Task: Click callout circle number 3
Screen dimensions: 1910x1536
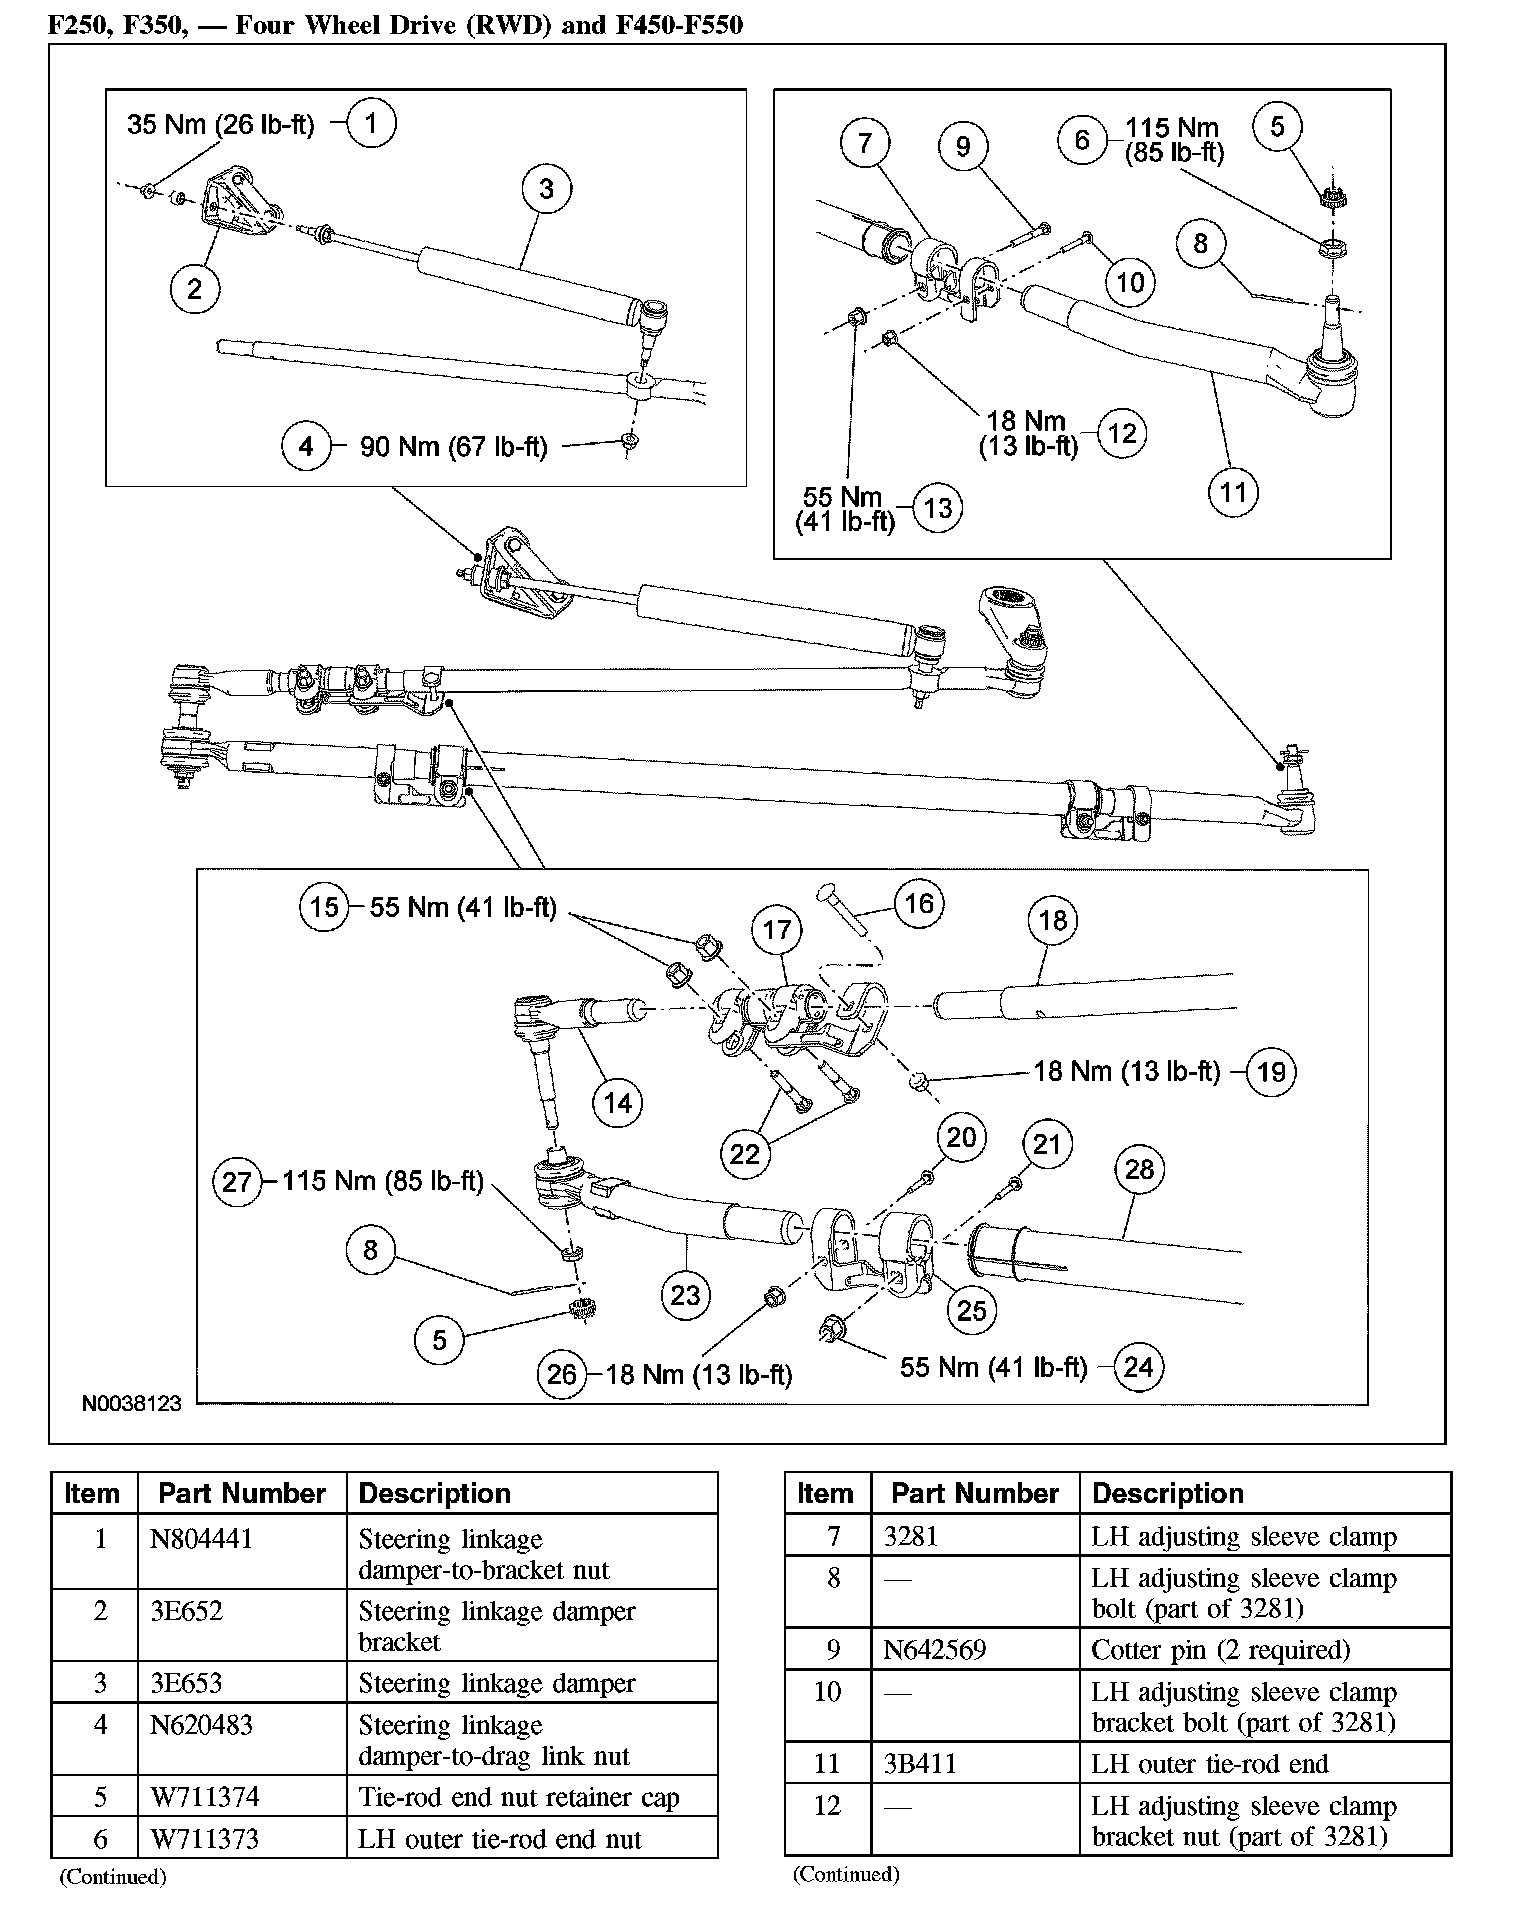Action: pos(546,189)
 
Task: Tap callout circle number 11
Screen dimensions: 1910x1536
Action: pos(1233,492)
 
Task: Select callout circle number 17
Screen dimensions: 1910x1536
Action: pos(777,930)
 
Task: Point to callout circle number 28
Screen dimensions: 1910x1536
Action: pos(1140,1169)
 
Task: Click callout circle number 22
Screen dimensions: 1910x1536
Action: pos(745,1154)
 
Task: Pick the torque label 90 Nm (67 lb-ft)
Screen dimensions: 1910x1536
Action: pos(454,446)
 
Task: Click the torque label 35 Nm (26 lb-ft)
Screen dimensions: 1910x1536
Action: pos(220,124)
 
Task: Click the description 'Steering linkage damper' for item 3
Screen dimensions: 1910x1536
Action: pos(497,1683)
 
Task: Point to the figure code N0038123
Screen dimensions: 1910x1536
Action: pos(132,1404)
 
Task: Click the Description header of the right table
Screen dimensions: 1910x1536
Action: pos(1167,1493)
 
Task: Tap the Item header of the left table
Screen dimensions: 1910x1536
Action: pos(92,1493)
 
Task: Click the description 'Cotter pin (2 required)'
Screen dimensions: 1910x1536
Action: pos(1220,1649)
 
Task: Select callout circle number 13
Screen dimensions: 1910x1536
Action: pos(938,508)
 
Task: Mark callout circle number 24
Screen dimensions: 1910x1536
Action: pos(1139,1367)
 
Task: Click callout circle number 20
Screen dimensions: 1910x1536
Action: pos(961,1137)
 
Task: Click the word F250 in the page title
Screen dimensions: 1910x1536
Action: pos(79,24)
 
